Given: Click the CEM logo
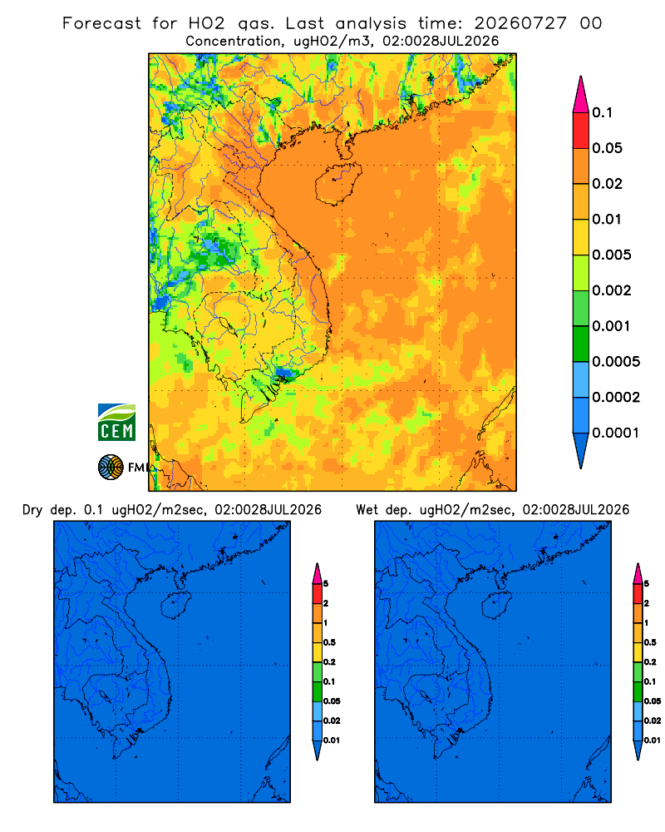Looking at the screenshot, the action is [x=116, y=422].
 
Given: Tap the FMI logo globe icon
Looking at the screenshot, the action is [x=111, y=468].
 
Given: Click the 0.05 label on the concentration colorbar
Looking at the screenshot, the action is [x=607, y=148].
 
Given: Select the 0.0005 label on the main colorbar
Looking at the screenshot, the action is [x=616, y=362].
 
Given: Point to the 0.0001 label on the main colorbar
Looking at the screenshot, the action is [x=616, y=433].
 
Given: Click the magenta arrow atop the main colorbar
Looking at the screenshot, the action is [x=581, y=94].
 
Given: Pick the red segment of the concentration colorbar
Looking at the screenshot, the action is [x=581, y=130].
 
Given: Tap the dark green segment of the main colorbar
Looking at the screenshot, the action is [x=581, y=344].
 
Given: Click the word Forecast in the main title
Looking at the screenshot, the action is [x=101, y=23].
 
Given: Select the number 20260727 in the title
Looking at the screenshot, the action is [x=520, y=23].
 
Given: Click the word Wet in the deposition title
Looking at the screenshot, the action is [x=367, y=510].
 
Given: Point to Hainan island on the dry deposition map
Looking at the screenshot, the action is [x=175, y=606].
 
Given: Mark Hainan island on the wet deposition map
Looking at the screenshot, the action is [x=497, y=606].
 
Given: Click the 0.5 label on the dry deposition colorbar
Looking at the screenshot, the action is [x=329, y=642].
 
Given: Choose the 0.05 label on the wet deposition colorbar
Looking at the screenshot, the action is [x=653, y=701].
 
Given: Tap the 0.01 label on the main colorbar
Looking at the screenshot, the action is [x=607, y=219].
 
